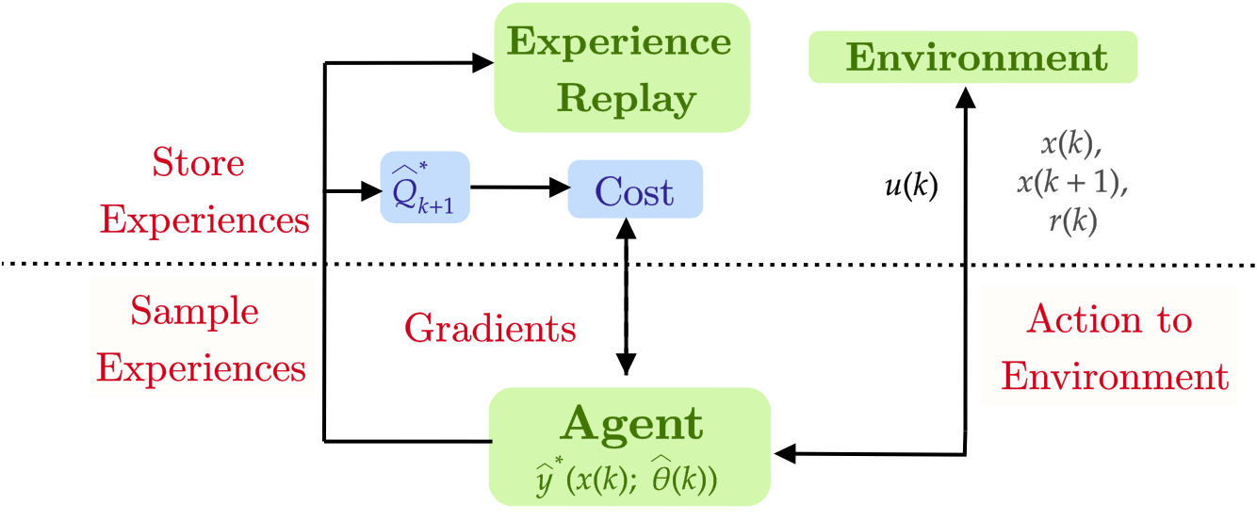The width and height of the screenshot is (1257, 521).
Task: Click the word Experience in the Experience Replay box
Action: [x=619, y=42]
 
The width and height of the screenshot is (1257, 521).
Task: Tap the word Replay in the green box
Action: [x=626, y=98]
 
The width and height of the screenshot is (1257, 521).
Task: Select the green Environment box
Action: [x=974, y=57]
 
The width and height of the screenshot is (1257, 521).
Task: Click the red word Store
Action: [x=198, y=163]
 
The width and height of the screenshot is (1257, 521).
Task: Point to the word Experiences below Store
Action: [x=204, y=220]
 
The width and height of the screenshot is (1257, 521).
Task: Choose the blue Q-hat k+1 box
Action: [x=424, y=187]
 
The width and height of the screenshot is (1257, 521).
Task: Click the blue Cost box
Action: [x=634, y=191]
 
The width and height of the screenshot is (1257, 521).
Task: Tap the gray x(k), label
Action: [x=1071, y=144]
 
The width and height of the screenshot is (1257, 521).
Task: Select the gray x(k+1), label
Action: [x=1071, y=183]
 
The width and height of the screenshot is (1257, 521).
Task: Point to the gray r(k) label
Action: [x=1072, y=221]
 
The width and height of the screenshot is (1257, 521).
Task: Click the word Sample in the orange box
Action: [x=194, y=310]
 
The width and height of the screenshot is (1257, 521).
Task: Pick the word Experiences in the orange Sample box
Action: [x=201, y=367]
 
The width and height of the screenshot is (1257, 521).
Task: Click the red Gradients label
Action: [x=489, y=329]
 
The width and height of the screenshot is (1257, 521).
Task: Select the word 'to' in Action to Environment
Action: [x=1174, y=320]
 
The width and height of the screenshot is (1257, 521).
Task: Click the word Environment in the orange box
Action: [x=1114, y=377]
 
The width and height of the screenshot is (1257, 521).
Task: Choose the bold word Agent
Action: [x=631, y=424]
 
